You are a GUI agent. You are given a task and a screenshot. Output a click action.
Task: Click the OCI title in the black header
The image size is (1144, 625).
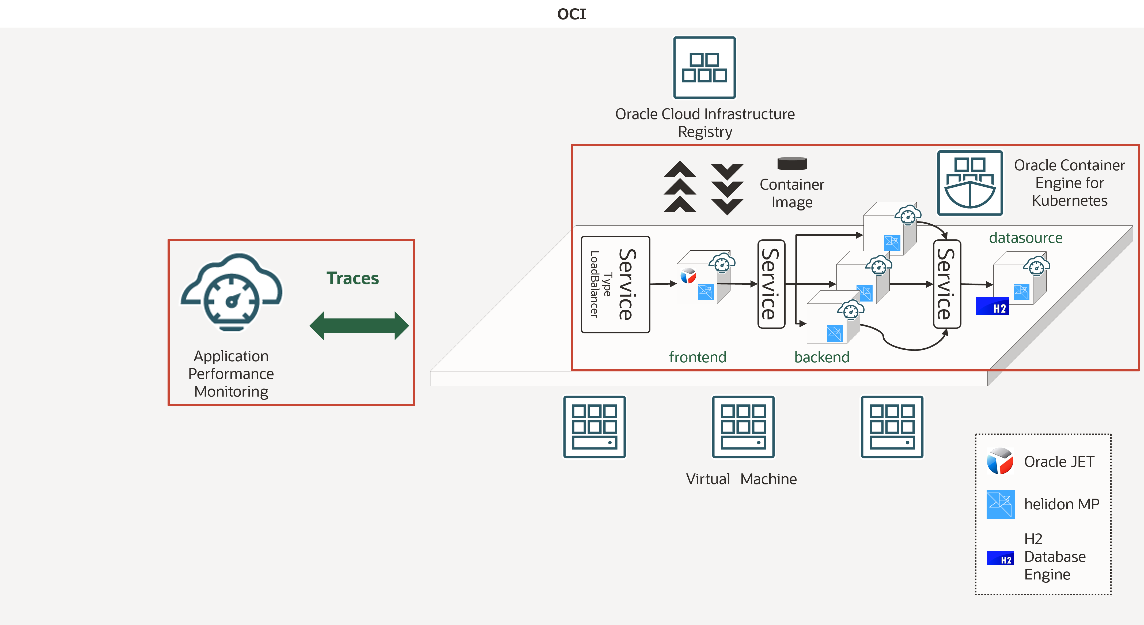point(571,14)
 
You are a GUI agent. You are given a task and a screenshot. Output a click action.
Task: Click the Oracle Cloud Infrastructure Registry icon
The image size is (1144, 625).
point(704,67)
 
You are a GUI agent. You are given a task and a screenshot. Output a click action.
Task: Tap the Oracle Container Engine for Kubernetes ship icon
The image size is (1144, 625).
point(970,183)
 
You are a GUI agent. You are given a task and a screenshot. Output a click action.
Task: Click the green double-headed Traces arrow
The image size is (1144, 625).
point(359,326)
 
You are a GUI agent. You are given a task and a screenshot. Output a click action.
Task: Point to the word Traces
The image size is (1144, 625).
point(353,278)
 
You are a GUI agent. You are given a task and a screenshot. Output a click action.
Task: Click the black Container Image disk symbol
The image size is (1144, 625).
point(792,163)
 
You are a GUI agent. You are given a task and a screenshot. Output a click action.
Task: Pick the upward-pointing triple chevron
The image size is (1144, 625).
point(680,187)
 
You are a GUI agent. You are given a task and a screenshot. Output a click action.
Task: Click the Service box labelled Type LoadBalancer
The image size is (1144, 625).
point(616,284)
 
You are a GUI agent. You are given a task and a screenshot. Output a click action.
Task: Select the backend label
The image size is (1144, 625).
point(821,357)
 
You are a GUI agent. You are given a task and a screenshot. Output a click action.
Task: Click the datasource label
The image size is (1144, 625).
point(1025,238)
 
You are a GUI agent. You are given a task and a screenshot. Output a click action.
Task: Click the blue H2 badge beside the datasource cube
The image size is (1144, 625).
point(992,306)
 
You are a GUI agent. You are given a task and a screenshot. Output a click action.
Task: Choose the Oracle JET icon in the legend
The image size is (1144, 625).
point(1000,461)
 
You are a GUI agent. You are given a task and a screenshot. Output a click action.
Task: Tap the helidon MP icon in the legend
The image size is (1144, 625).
point(1001,504)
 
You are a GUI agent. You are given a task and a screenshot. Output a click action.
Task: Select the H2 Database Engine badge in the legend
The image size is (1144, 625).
point(1000,558)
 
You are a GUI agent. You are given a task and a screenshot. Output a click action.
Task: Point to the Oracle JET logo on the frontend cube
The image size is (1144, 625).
point(688,276)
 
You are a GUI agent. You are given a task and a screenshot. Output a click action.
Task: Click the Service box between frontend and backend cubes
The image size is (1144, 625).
point(771,284)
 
